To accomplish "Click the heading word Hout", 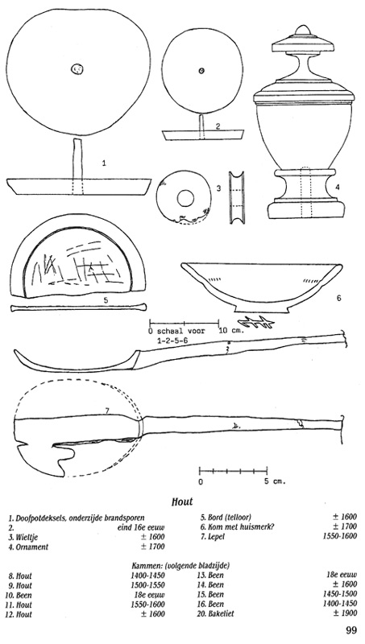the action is (x=181, y=501).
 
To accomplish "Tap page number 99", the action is (x=351, y=630).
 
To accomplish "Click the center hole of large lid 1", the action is (x=77, y=69).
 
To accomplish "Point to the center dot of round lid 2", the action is (x=201, y=71).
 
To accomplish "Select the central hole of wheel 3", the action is (x=185, y=198).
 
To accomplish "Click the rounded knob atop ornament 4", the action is (x=302, y=30).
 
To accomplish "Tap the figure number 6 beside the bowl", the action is (x=338, y=298).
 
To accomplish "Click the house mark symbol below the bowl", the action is (x=255, y=322).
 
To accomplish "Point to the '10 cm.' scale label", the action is (x=231, y=330).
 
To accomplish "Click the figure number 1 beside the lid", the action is (x=104, y=163).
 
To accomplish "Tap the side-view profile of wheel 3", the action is (x=236, y=198).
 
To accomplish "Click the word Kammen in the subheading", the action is (x=146, y=566).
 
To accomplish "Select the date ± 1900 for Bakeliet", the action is (x=346, y=613).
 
